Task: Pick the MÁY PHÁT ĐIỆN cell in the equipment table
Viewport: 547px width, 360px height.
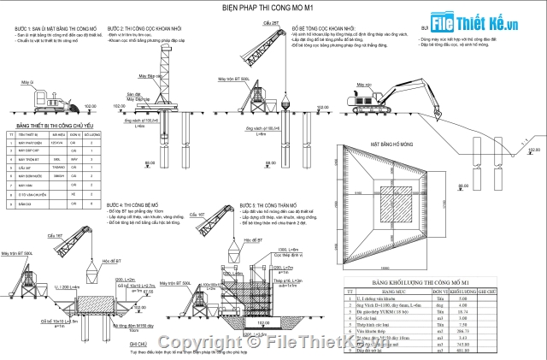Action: [32, 142]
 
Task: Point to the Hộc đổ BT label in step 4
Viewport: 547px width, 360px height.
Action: [105, 260]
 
